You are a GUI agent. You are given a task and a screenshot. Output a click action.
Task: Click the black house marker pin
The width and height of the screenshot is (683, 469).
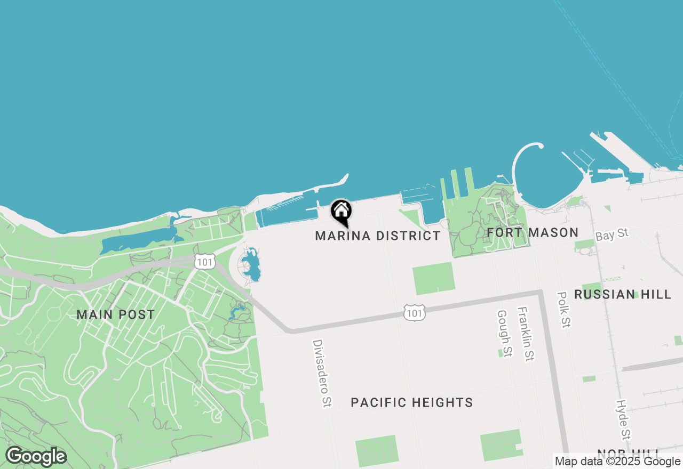(341, 211)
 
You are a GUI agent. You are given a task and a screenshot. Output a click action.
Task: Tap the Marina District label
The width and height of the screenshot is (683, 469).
(378, 236)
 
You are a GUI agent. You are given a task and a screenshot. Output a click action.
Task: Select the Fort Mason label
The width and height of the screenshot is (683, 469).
(533, 232)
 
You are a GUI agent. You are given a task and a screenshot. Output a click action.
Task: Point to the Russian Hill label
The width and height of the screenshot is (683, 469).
(623, 294)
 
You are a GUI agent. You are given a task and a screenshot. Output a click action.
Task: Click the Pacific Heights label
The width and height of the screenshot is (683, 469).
(412, 402)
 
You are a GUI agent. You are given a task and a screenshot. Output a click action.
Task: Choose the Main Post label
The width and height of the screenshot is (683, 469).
(116, 314)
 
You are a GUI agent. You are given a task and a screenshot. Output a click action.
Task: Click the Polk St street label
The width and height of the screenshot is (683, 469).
(563, 310)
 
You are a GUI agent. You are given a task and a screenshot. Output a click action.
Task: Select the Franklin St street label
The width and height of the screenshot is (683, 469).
(525, 334)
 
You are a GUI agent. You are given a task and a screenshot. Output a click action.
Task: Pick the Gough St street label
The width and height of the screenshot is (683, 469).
(504, 334)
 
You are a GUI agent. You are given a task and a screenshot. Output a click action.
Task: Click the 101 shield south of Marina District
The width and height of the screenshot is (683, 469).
(414, 313)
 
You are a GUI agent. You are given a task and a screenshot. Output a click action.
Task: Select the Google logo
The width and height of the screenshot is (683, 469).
(36, 456)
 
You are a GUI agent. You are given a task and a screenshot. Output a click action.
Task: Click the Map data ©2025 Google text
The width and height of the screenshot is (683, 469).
(617, 462)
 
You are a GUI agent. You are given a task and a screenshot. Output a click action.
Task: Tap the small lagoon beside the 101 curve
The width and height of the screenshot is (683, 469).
(251, 265)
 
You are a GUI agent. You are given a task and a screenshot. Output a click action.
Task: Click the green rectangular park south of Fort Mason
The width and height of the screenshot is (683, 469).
(434, 278)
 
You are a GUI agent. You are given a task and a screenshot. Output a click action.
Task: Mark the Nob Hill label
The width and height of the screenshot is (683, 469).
(629, 455)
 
